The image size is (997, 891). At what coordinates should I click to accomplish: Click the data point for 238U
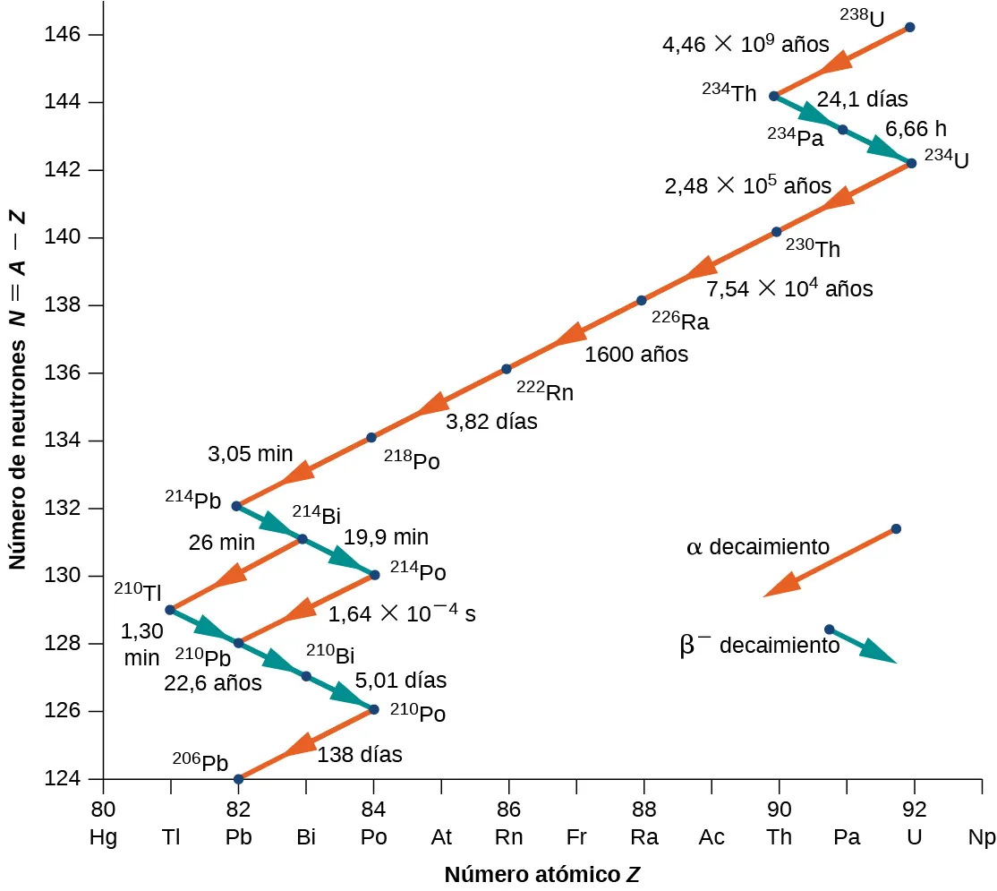point(910,27)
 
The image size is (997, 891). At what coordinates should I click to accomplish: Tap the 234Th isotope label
point(729,91)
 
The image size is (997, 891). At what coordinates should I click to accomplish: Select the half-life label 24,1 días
point(863,99)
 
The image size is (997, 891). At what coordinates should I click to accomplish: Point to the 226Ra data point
point(641,300)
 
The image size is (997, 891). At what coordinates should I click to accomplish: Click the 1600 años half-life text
point(636,355)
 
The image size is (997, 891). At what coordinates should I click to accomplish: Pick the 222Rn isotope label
point(545,391)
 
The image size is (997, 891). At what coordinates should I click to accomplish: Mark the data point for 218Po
point(371,437)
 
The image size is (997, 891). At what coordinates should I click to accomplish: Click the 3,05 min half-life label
point(244,454)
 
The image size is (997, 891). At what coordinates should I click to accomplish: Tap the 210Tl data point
point(170,610)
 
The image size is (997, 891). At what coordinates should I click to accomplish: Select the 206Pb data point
point(238,779)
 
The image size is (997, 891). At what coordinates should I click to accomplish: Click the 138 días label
point(361,755)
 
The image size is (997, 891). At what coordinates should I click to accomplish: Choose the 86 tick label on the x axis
point(508,810)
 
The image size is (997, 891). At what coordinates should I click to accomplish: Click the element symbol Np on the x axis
point(981,838)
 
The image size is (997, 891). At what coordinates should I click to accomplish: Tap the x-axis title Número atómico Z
point(542,874)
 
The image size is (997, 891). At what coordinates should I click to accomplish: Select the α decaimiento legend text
point(758,546)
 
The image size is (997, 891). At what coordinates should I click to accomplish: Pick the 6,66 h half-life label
point(916,128)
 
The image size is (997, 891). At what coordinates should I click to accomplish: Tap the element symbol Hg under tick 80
point(103,838)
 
